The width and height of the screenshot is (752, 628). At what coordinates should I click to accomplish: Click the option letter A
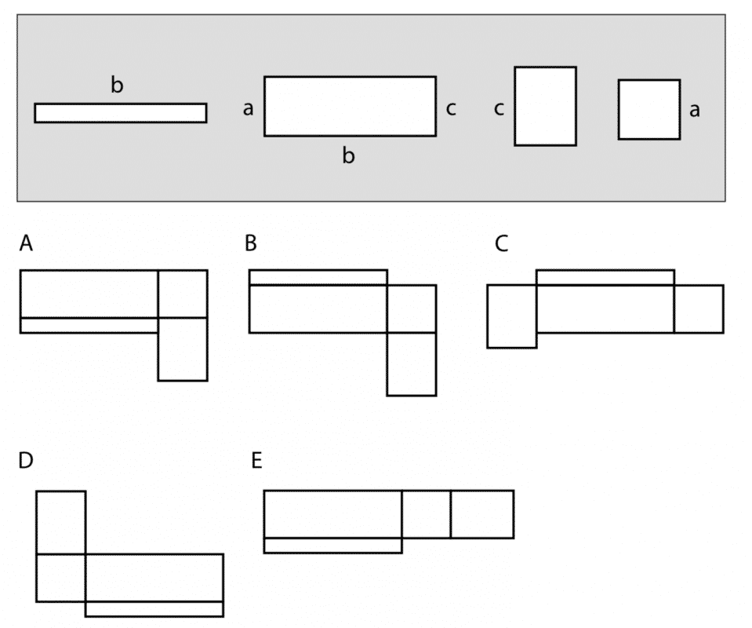(27, 244)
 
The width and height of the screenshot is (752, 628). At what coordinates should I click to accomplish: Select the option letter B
(251, 244)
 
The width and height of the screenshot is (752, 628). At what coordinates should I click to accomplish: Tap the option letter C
(502, 244)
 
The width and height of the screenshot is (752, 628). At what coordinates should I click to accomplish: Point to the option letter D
(27, 461)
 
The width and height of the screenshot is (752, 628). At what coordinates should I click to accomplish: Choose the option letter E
(256, 461)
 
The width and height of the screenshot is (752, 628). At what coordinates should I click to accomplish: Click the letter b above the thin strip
(117, 86)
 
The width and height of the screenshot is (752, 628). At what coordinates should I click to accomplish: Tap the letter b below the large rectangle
(349, 156)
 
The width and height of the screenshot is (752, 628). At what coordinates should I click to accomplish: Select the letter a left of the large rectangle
(248, 109)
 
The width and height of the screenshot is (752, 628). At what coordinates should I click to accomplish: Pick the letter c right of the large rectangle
(451, 109)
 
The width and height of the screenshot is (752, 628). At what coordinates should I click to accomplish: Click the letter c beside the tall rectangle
(499, 109)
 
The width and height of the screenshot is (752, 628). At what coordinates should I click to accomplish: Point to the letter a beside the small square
(694, 111)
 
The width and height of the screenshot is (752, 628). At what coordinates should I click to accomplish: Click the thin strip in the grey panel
(121, 113)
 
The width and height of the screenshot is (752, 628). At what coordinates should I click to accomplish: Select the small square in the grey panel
(648, 109)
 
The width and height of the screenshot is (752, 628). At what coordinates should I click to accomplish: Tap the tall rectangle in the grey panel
(545, 106)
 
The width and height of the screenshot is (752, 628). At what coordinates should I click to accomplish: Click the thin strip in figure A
(89, 325)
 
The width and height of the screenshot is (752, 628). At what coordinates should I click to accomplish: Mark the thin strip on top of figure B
(318, 277)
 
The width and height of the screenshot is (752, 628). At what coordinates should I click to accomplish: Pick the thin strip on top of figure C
(605, 277)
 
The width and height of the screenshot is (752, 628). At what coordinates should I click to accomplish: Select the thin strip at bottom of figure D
(154, 608)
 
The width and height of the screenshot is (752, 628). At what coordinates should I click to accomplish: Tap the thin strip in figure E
(332, 545)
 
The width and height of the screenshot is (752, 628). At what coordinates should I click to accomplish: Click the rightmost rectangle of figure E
(482, 514)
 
